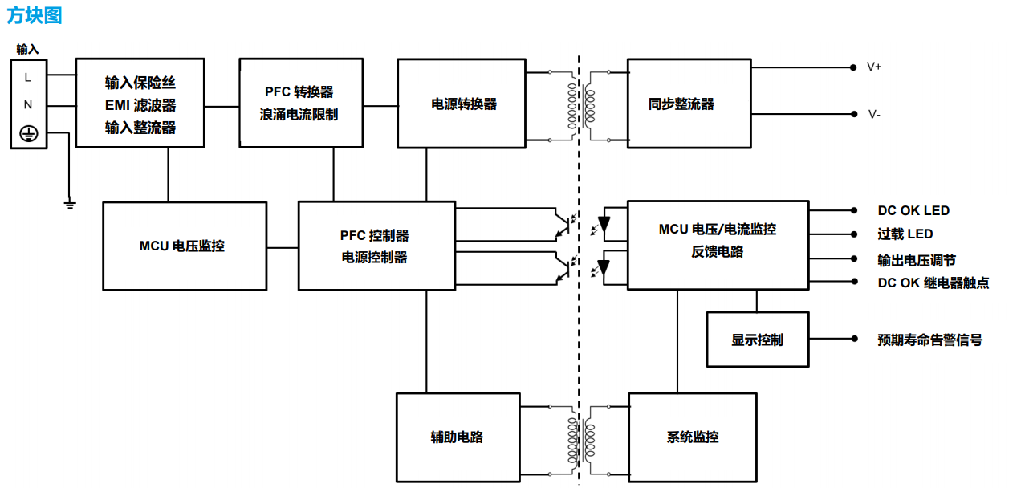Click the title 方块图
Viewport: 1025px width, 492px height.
coord(35,15)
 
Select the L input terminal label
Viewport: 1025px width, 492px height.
coord(28,78)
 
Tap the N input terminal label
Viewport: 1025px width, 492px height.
coord(28,104)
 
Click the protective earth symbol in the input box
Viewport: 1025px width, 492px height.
coord(28,133)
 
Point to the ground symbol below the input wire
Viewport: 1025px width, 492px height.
coord(70,205)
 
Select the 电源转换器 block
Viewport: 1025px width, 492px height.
coord(462,104)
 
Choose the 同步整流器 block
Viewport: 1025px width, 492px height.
coord(689,104)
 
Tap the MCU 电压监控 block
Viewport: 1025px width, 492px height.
coord(185,246)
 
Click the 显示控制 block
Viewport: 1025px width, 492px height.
coord(757,340)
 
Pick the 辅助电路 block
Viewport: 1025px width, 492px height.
coord(458,437)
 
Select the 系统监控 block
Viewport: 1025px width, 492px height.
coord(692,437)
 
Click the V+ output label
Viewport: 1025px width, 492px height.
coord(874,67)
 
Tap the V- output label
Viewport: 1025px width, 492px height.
coord(874,114)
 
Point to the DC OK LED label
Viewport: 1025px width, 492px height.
coord(913,210)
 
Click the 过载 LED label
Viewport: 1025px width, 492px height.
coord(905,234)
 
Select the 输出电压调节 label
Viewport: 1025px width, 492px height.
coord(917,260)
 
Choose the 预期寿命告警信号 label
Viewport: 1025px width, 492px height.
coord(929,340)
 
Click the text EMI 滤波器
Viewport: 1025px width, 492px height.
coord(140,105)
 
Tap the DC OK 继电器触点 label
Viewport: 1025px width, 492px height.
coord(933,283)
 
